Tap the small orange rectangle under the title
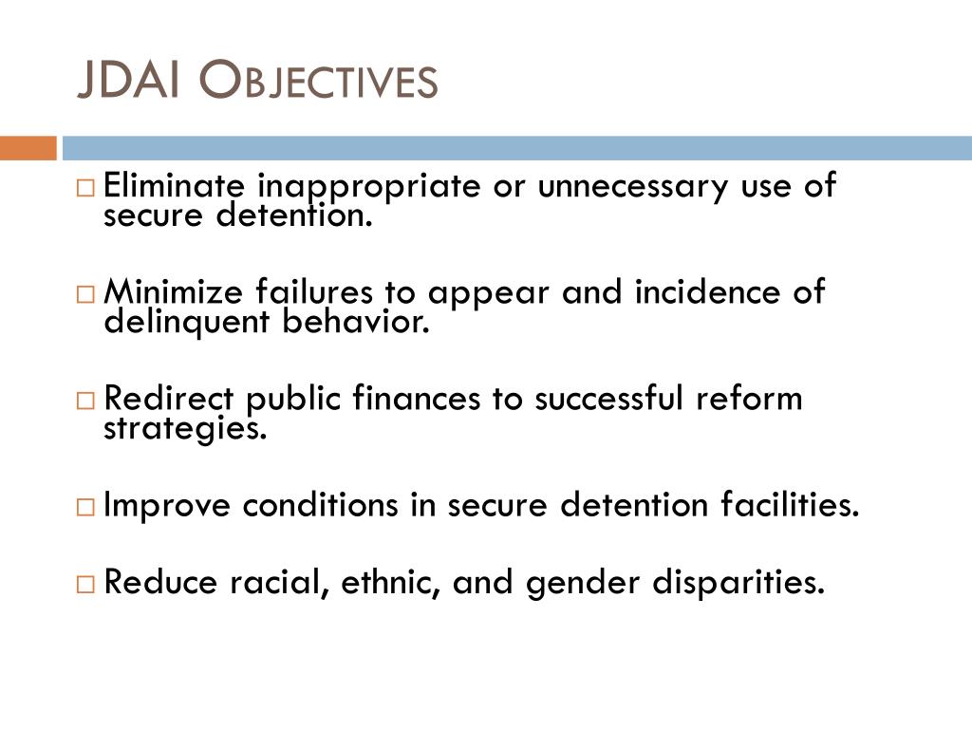[28, 149]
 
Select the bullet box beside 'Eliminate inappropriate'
[85, 187]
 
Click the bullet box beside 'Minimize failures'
[85, 293]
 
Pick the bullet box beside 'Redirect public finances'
[85, 400]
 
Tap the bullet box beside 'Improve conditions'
[85, 507]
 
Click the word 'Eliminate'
[175, 186]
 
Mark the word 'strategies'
[180, 429]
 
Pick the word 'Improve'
[167, 506]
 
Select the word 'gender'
[585, 583]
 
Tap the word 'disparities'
[738, 583]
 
